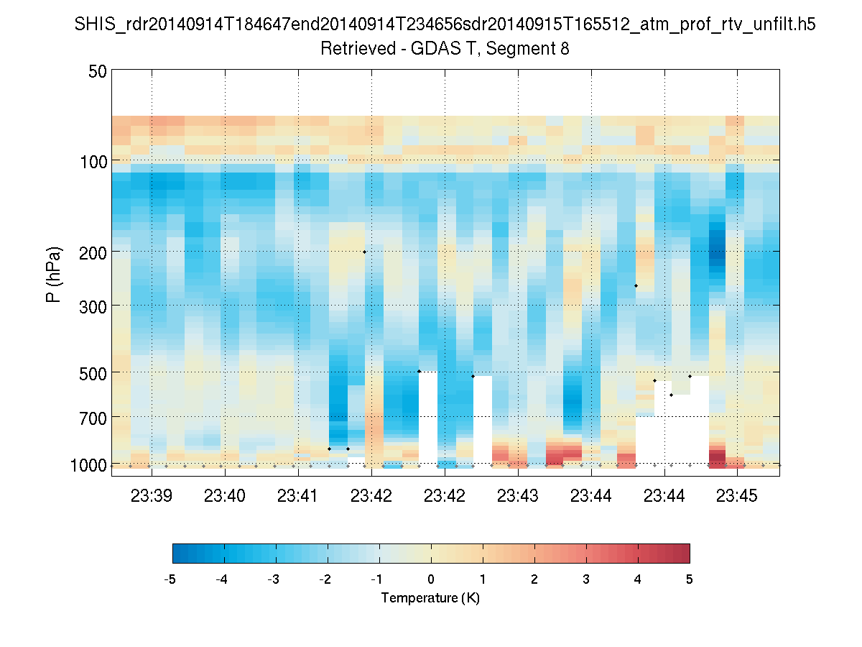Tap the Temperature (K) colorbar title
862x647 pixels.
coord(430,598)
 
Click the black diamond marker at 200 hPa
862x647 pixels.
coord(364,252)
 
